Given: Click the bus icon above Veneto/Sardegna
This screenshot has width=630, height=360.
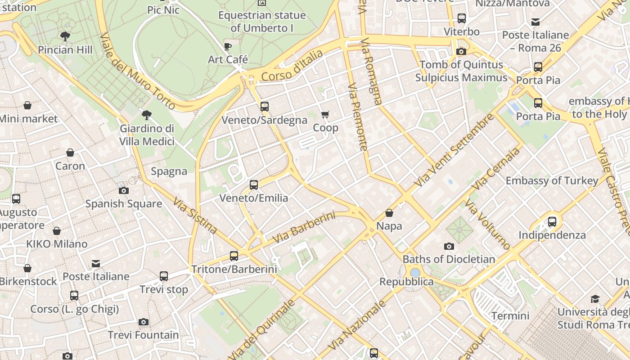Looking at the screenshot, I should tap(265, 107).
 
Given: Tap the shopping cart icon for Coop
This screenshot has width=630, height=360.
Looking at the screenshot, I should tap(325, 115).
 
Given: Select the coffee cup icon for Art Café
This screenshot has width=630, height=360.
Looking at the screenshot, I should tap(228, 46).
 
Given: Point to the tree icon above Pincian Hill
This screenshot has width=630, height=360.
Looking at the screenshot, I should tap(65, 36).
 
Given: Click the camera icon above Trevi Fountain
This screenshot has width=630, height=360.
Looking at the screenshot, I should tap(144, 322).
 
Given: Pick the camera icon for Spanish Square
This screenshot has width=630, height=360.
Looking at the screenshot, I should tap(124, 190).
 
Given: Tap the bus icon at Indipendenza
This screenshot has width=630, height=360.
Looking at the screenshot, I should tap(552, 221).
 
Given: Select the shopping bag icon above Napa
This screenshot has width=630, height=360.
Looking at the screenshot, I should tap(389, 213).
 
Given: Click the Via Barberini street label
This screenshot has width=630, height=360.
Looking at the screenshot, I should tap(304, 228).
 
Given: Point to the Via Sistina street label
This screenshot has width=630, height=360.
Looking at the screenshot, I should tap(195, 216).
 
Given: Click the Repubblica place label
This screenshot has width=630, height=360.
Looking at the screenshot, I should tap(406, 282).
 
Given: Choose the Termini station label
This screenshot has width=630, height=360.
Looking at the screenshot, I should tap(510, 316).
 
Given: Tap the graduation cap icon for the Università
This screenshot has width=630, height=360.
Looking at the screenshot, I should tap(595, 299).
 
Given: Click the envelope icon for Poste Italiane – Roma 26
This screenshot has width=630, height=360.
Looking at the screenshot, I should tap(535, 22).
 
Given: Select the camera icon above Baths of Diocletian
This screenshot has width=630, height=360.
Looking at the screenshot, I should tap(449, 246).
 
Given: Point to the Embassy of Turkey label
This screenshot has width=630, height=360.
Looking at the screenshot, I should tap(552, 181).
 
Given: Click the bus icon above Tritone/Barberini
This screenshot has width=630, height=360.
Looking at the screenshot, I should tap(234, 256).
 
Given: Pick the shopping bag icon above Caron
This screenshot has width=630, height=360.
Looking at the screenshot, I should tap(70, 153).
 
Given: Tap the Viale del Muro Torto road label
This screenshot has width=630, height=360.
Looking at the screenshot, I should tap(137, 71).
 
